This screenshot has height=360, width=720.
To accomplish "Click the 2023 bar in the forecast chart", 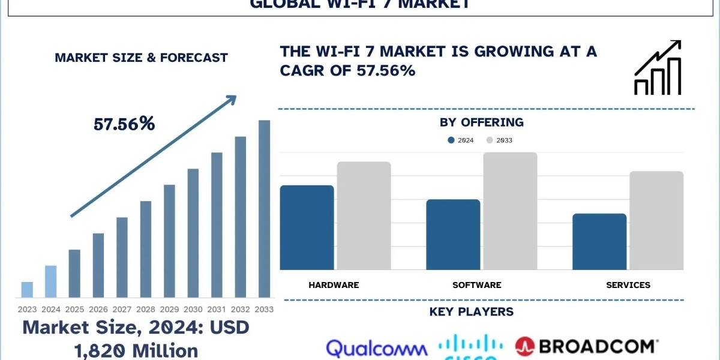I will pyautogui.click(x=27, y=289).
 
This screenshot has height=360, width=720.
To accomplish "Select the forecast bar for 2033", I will pyautogui.click(x=264, y=208).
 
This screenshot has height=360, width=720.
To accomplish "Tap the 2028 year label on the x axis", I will pyautogui.click(x=145, y=310).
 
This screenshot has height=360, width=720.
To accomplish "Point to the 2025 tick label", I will pyautogui.click(x=74, y=310).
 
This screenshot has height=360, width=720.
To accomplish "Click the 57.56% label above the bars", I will pyautogui.click(x=124, y=124).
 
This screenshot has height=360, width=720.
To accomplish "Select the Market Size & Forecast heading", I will pyautogui.click(x=141, y=58).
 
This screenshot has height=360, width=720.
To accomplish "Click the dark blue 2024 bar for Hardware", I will pyautogui.click(x=307, y=227).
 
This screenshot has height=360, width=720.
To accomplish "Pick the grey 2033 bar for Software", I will pyautogui.click(x=510, y=211).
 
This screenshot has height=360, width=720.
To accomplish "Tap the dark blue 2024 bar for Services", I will pyautogui.click(x=599, y=241).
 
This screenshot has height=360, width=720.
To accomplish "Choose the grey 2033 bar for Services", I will pyautogui.click(x=656, y=220).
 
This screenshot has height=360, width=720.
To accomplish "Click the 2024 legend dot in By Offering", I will pyautogui.click(x=451, y=140).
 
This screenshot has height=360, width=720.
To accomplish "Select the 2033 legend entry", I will pyautogui.click(x=499, y=140).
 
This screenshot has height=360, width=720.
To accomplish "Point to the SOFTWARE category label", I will pyautogui.click(x=476, y=285).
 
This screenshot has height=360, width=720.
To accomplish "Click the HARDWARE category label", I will pyautogui.click(x=334, y=285).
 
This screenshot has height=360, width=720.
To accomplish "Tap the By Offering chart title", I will pyautogui.click(x=481, y=122).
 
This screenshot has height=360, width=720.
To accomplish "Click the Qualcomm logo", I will pyautogui.click(x=377, y=349).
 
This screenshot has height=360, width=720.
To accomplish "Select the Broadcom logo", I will pyautogui.click(x=586, y=347).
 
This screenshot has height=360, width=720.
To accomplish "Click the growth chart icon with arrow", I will pyautogui.click(x=658, y=68).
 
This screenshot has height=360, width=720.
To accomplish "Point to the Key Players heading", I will pyautogui.click(x=471, y=311).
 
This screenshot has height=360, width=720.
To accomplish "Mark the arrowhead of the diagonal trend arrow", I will pyautogui.click(x=231, y=99).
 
